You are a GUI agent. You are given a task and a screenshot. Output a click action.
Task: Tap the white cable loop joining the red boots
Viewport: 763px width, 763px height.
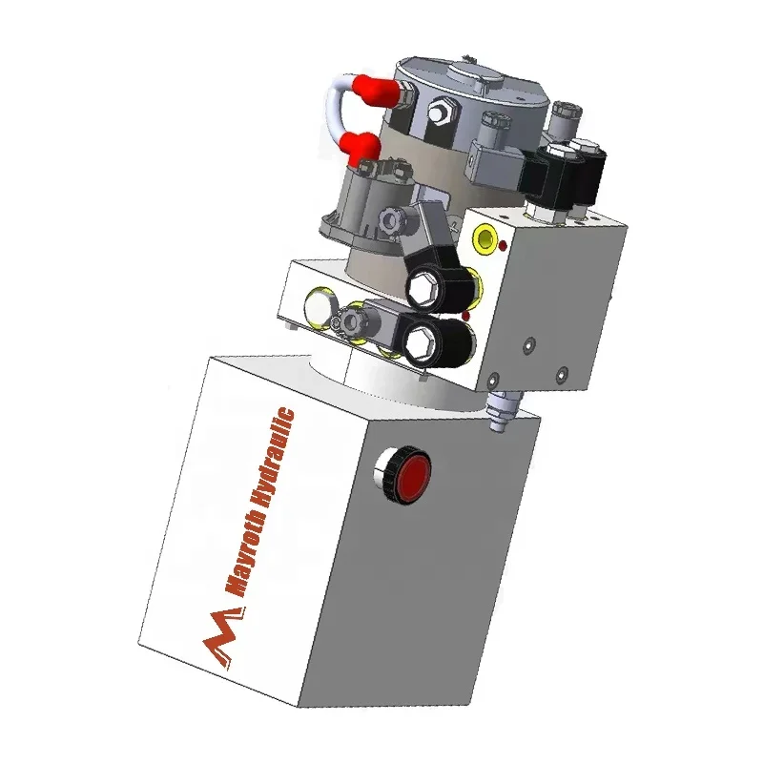click(339, 111)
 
